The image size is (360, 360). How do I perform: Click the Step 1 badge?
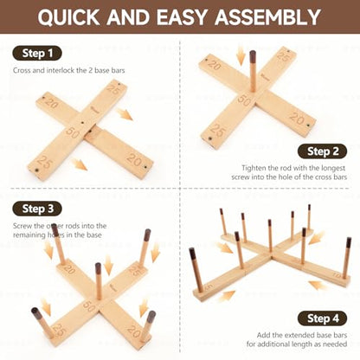[37, 54]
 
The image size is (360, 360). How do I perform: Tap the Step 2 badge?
[323, 151]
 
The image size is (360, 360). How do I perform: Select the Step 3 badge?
[37, 209]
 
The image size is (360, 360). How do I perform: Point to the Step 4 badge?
[323, 318]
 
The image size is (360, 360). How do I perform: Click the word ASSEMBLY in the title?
[267, 17]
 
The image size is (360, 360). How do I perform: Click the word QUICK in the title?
[68, 17]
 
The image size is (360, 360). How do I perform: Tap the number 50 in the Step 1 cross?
[72, 132]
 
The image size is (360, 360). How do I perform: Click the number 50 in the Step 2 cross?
[244, 100]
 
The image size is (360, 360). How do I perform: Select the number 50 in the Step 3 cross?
[89, 306]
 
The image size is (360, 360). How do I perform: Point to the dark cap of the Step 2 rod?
[253, 55]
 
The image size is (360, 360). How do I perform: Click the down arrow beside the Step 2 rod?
[240, 56]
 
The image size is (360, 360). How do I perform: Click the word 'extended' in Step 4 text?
[300, 335]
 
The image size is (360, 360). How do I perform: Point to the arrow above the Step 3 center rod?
[108, 265]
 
